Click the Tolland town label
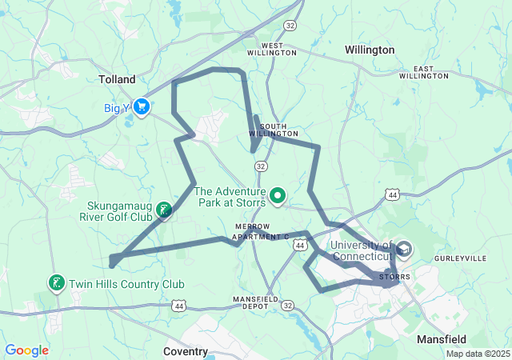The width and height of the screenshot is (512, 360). pos(117,79)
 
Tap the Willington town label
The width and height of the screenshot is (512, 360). pos(370,50)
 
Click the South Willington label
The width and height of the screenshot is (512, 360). pos(278,130)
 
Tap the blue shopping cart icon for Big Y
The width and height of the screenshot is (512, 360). pos(142,106)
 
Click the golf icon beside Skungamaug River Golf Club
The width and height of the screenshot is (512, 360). pos(163,210)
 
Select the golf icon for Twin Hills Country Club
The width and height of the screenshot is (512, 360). pos(57,283)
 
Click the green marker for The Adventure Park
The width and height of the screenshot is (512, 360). pos(278,194)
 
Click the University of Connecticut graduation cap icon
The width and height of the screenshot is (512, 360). pos(403,250)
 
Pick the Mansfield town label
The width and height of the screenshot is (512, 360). pos(442,339)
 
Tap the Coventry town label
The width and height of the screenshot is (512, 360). pos(186,351)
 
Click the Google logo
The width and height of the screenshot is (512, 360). pos(26,350)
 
